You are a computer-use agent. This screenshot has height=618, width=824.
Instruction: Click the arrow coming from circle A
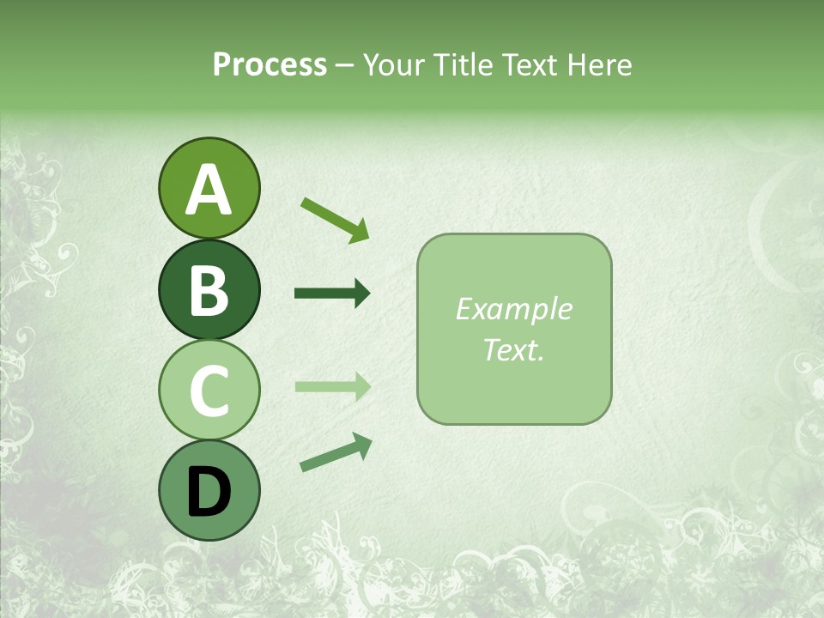tap(335, 219)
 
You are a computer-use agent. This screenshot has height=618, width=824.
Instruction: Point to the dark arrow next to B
tap(332, 294)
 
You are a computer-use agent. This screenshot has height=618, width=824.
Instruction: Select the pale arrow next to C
tap(332, 387)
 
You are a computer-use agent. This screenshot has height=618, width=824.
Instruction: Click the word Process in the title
tap(270, 65)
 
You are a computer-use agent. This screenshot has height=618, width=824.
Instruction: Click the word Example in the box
tap(513, 309)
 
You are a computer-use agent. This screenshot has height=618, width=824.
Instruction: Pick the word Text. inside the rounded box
tap(513, 349)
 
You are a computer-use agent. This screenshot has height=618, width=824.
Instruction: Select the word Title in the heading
tap(463, 65)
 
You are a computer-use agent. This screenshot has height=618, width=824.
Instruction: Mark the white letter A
tap(209, 191)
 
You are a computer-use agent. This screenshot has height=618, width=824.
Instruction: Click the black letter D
tap(209, 492)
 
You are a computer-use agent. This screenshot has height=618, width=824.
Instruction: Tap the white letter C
tap(209, 391)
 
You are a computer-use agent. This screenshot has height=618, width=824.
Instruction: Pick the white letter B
tap(209, 291)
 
